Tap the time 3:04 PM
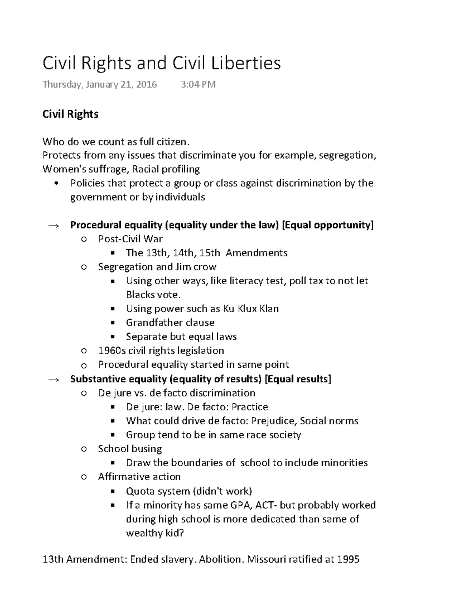[198, 84]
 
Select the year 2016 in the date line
[146, 84]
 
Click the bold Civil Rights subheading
[70, 114]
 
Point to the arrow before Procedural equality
[53, 226]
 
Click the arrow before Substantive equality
[53, 380]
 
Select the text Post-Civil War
[130, 239]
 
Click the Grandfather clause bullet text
[170, 323]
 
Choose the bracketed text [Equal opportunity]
[328, 225]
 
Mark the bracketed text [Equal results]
[298, 379]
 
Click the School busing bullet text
[130, 449]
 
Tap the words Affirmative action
[139, 477]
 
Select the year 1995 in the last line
[348, 559]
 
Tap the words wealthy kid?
[155, 533]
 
